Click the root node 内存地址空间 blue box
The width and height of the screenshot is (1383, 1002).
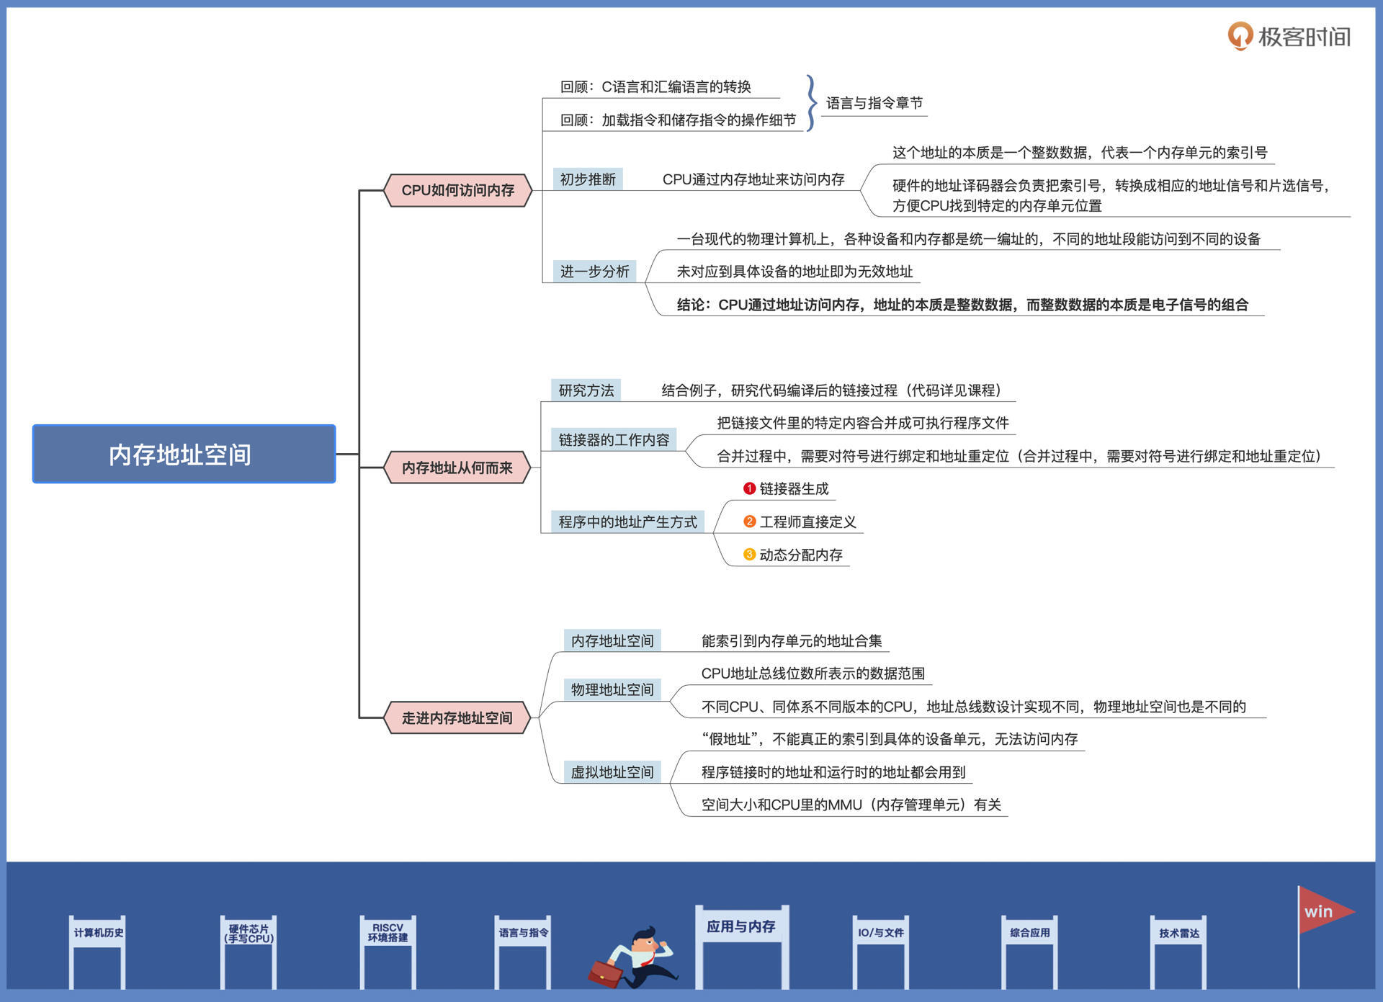pos(184,454)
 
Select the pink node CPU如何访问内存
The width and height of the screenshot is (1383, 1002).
pos(458,190)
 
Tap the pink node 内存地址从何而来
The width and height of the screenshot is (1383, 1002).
pos(457,468)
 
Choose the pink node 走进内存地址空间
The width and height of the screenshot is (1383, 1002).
pos(457,717)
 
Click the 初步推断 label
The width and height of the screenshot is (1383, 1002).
pos(588,179)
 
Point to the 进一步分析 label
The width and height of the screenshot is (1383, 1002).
pos(595,272)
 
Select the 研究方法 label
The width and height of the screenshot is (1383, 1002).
pos(586,390)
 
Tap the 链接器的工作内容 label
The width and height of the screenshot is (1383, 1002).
pos(614,439)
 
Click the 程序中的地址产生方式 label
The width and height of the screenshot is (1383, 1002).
pos(627,522)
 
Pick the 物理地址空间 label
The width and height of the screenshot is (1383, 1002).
pos(612,689)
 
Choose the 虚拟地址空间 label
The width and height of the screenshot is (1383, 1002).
pos(612,772)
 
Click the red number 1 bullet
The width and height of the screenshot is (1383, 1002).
pos(749,488)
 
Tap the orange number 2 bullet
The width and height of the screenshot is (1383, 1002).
pos(749,522)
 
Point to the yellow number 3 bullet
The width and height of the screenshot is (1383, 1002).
pos(749,555)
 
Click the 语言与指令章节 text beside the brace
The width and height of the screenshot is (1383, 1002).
pos(874,103)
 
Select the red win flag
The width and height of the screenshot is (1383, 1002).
pos(1322,911)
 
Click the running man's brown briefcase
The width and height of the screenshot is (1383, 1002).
pos(605,972)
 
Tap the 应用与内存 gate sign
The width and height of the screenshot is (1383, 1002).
pos(740,926)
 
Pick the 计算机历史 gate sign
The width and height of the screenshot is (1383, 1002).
pos(98,933)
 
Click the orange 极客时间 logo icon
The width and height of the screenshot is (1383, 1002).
pos(1240,35)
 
